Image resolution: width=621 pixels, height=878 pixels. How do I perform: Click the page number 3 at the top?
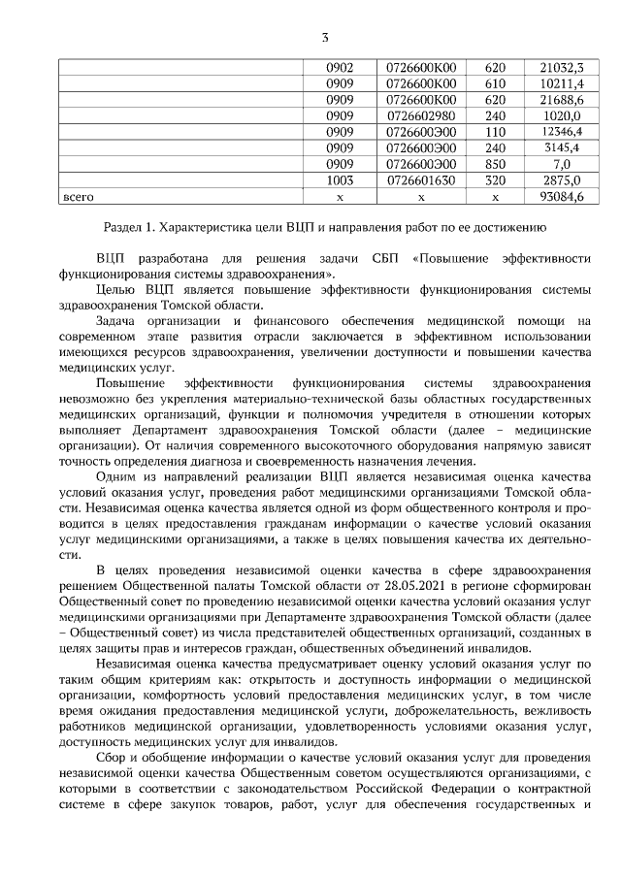[x=325, y=38]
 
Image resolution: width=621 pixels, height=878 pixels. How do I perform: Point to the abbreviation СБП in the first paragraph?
[x=383, y=260]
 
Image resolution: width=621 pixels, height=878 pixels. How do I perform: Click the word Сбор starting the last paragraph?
[x=113, y=757]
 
